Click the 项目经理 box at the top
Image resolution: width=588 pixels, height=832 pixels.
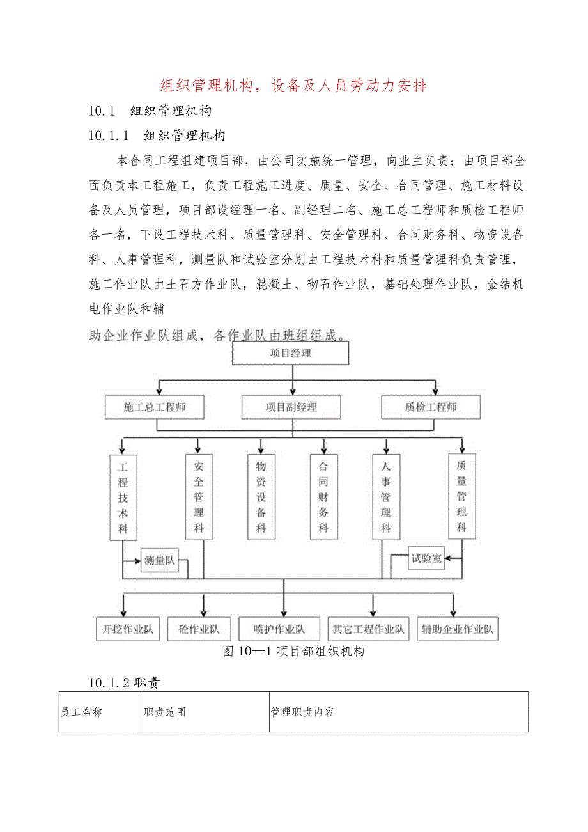click(291, 353)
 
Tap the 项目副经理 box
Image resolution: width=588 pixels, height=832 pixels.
click(291, 407)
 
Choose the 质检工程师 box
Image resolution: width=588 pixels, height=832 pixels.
click(430, 407)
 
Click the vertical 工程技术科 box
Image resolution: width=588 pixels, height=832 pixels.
click(123, 497)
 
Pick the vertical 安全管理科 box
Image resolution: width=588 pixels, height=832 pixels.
click(199, 497)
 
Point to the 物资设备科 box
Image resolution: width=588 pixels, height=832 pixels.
click(261, 497)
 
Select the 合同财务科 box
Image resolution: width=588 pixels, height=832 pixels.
click(323, 497)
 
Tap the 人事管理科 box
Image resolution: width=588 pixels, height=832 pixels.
click(386, 497)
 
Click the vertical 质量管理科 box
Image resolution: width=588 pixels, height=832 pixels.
click(461, 497)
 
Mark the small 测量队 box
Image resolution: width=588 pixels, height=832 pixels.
click(159, 560)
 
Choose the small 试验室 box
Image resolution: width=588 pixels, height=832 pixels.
click(426, 558)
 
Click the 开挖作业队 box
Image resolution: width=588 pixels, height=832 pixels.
click(128, 629)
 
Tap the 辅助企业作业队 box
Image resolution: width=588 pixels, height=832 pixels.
click(457, 629)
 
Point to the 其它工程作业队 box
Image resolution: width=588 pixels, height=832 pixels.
click(368, 629)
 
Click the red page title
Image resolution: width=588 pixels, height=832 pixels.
click(293, 85)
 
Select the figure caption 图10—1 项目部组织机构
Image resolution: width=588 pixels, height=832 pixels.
click(293, 652)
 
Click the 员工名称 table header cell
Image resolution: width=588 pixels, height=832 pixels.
click(100, 712)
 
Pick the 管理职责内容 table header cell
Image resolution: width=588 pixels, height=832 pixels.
click(399, 712)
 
